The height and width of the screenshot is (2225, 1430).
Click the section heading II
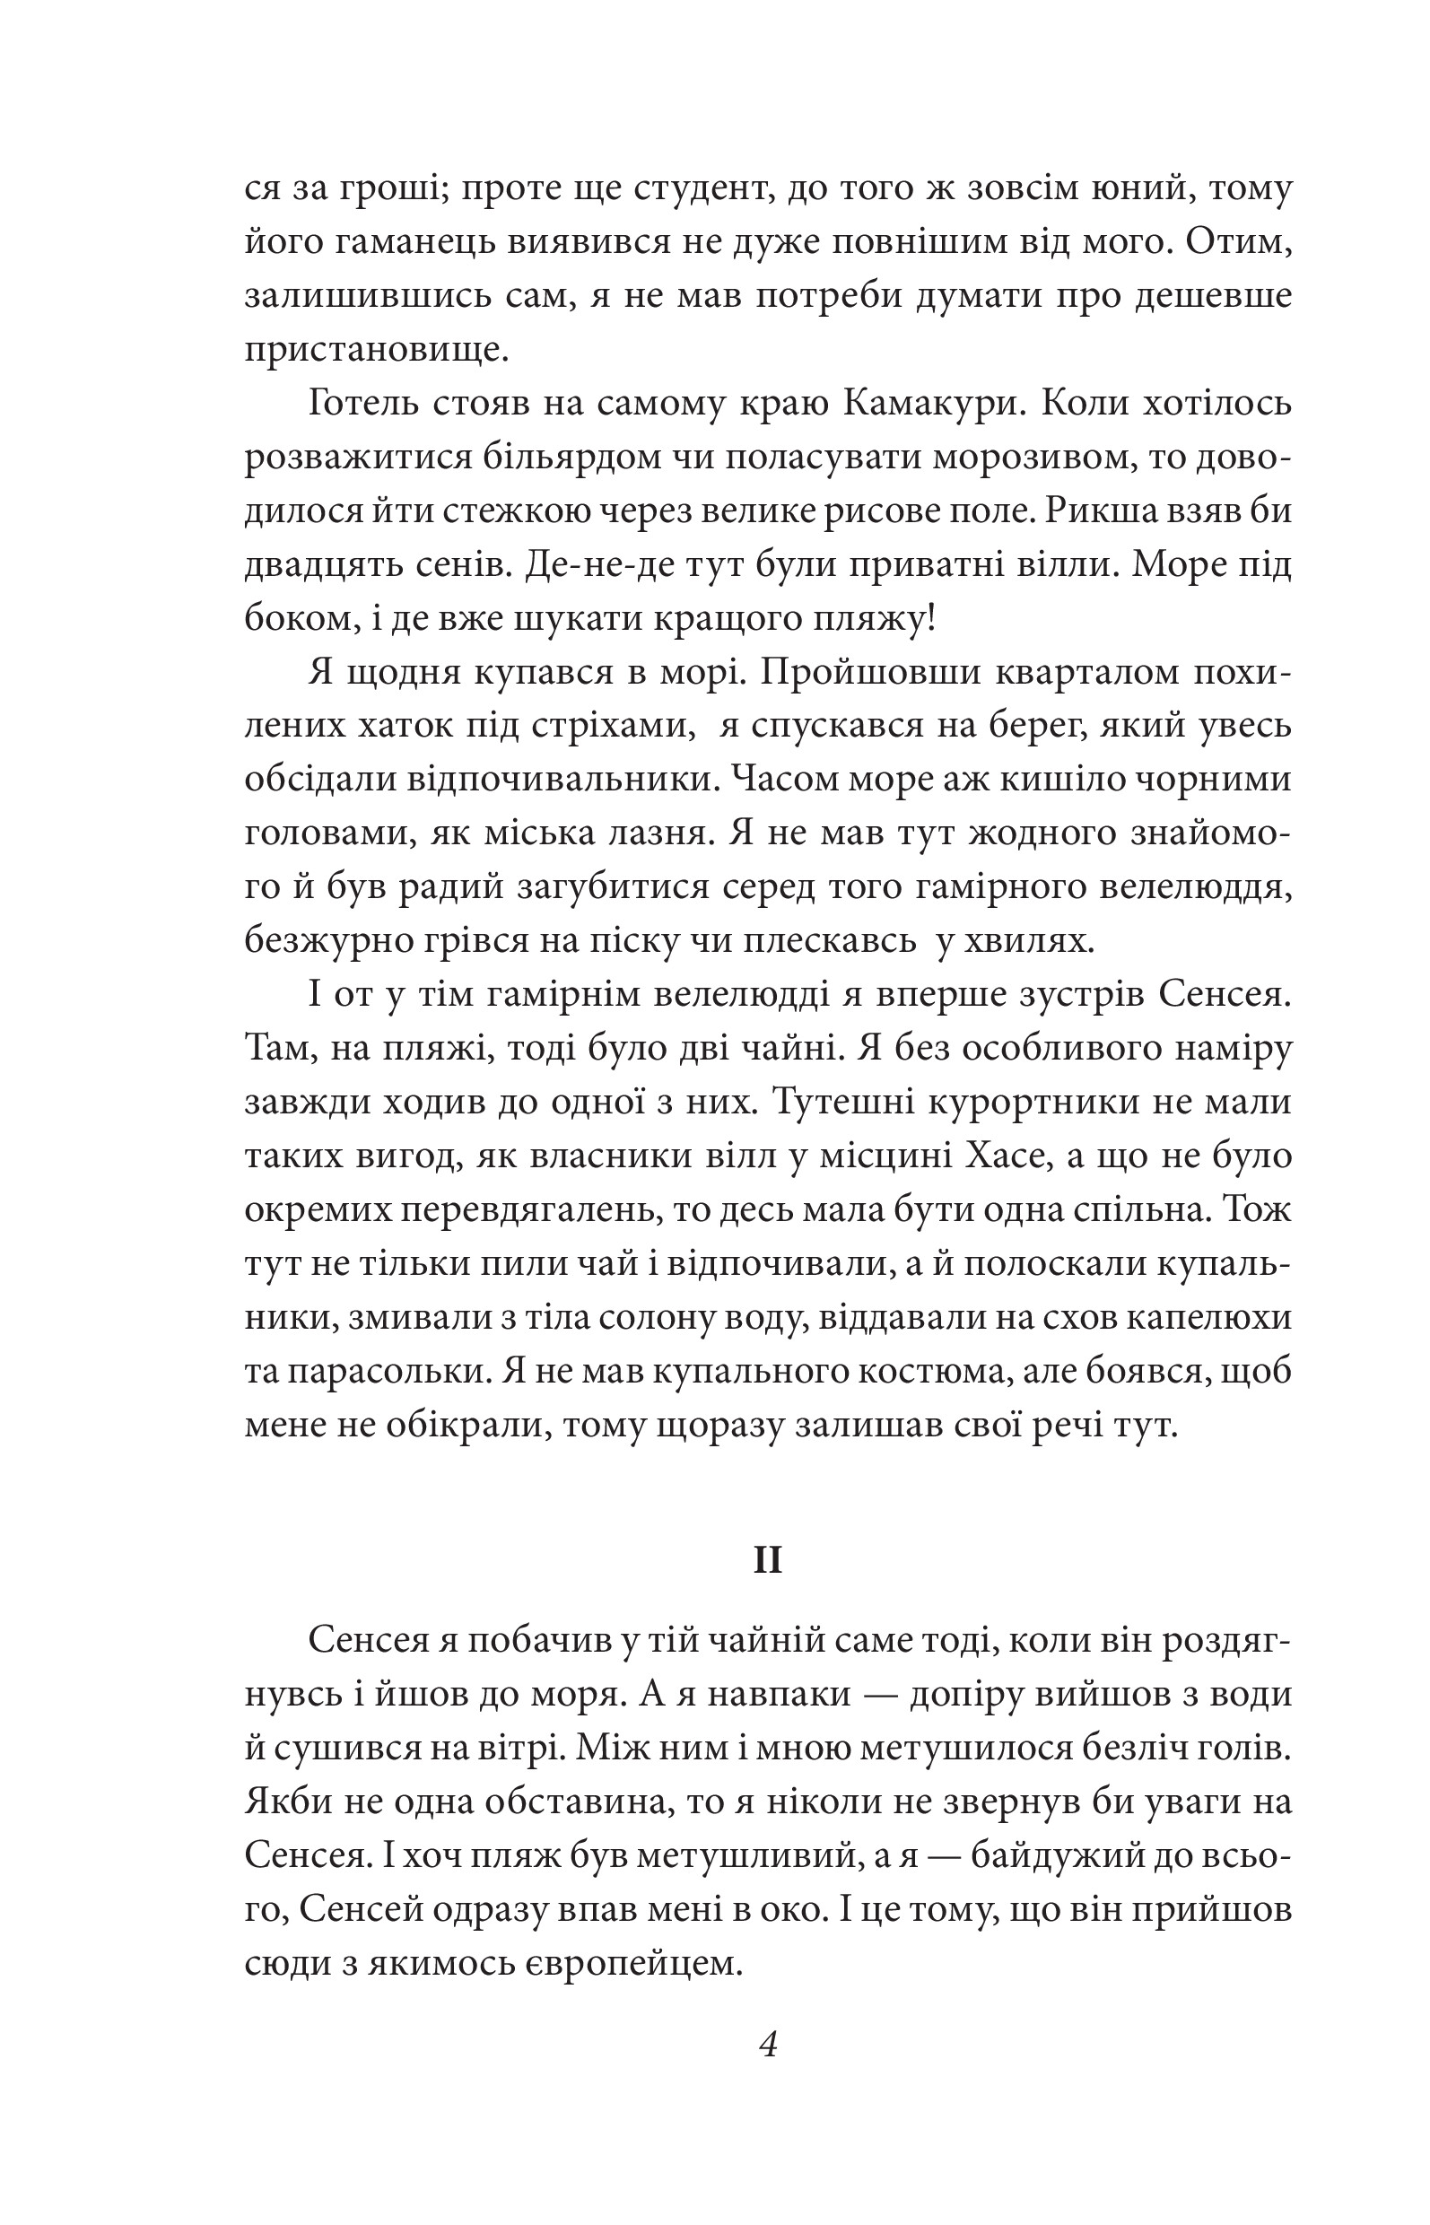(x=768, y=1561)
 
